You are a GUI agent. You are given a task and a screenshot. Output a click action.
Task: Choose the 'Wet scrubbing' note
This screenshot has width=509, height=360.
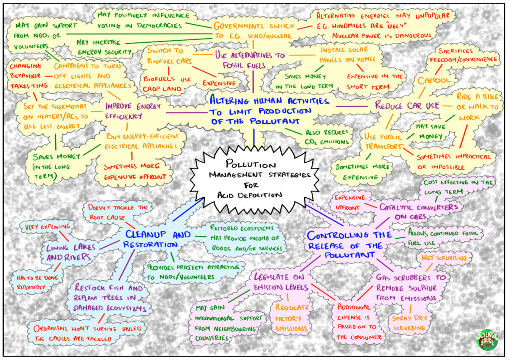pyautogui.click(x=443, y=258)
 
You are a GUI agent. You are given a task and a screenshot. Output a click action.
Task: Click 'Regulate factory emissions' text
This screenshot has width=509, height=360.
pyautogui.click(x=293, y=318)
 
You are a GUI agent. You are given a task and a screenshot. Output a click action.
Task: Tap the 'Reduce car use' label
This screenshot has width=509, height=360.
pyautogui.click(x=407, y=106)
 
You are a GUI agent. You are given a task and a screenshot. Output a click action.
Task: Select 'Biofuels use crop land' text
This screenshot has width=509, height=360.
pyautogui.click(x=167, y=84)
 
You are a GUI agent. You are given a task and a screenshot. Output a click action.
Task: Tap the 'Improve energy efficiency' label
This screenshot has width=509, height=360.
pyautogui.click(x=127, y=111)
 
